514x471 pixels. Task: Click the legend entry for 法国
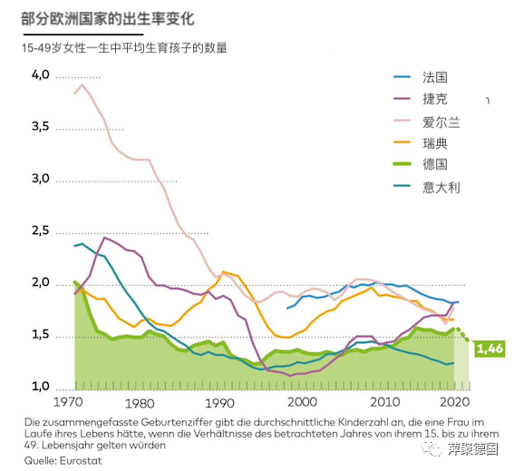(435, 78)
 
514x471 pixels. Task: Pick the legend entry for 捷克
(435, 100)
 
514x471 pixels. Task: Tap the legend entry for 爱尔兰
(441, 122)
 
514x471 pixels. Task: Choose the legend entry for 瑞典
(435, 143)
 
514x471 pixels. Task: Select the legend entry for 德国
(435, 164)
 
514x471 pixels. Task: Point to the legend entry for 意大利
(441, 186)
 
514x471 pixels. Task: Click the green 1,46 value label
(489, 348)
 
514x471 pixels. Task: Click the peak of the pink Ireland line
(83, 84)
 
